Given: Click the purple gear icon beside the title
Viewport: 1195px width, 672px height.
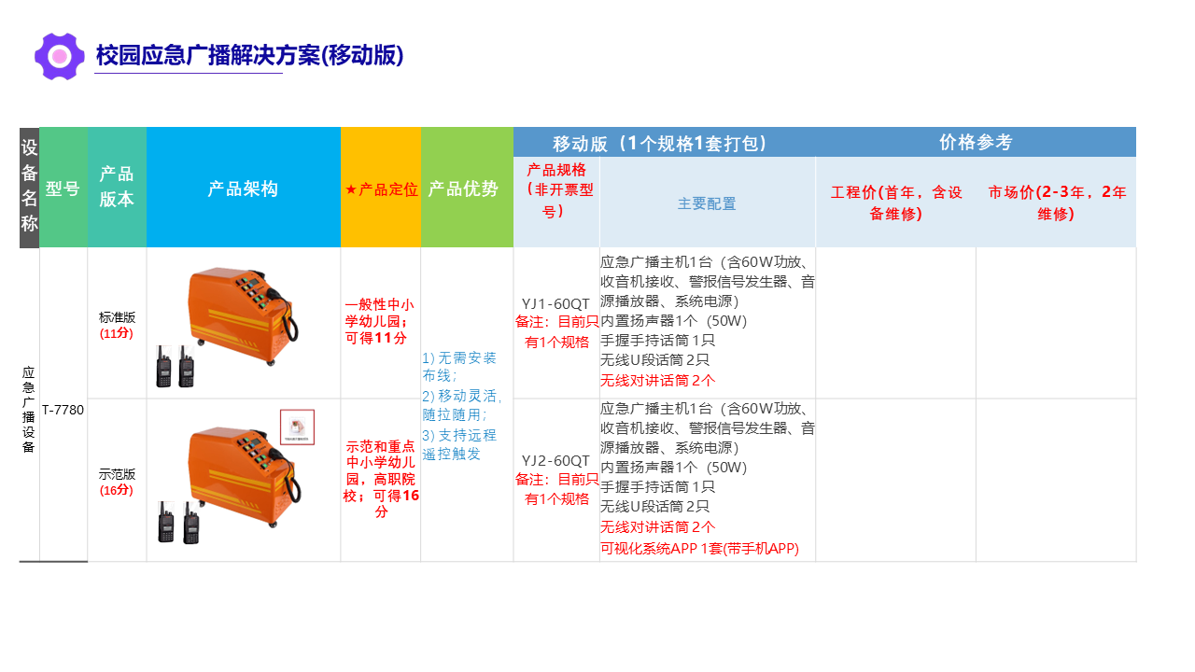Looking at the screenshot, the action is (59, 56).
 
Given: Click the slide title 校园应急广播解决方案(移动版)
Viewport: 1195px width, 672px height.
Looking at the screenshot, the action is (249, 55).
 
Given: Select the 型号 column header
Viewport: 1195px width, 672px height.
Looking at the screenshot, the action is (63, 189).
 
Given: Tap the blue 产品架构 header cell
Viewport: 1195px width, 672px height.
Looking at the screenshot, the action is (244, 189).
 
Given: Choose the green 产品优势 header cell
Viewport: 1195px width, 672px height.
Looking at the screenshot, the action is (467, 189).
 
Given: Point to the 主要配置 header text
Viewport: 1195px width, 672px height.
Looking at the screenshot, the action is (707, 203).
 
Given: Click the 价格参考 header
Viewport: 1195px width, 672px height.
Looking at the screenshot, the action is (976, 142).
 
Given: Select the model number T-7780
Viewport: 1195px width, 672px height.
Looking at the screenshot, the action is (63, 410).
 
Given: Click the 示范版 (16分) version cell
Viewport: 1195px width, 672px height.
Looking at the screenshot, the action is (117, 482).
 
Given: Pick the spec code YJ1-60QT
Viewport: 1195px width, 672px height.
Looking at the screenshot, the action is (555, 304).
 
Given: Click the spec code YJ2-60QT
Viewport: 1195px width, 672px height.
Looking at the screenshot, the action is (555, 461).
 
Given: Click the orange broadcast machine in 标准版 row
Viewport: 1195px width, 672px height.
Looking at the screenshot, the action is (243, 315).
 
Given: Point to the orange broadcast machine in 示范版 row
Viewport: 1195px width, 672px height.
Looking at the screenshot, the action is (244, 476).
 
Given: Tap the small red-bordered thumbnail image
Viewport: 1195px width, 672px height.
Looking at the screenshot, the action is (297, 427).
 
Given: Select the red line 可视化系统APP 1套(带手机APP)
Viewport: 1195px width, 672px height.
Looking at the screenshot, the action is (699, 548).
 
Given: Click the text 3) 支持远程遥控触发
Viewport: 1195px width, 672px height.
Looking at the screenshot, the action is (459, 444).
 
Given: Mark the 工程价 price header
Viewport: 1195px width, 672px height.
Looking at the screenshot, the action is (896, 203).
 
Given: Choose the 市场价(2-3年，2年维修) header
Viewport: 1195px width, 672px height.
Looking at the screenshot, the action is (1057, 203).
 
